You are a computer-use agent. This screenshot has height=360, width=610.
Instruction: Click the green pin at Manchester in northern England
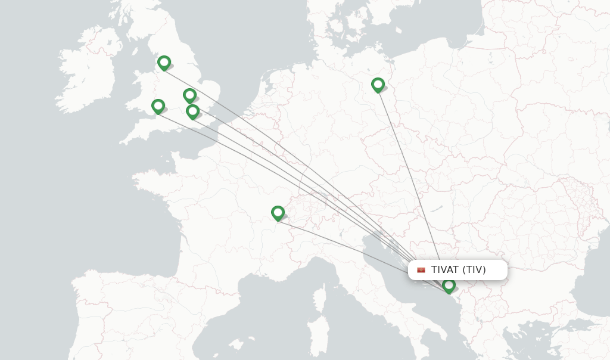point(164,62)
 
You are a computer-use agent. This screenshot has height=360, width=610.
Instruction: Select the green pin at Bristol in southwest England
point(158,105)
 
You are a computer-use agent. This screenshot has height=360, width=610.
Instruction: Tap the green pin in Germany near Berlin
point(378,84)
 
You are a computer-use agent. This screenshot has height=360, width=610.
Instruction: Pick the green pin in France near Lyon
point(278,212)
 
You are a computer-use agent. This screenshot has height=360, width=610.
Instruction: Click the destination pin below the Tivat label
point(449,285)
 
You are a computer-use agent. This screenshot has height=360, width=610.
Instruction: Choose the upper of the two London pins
point(189,95)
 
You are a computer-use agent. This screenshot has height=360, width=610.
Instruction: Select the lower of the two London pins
point(192,111)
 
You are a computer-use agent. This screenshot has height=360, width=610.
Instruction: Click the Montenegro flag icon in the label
point(421,270)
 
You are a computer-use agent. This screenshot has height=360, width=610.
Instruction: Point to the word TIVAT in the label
point(445,270)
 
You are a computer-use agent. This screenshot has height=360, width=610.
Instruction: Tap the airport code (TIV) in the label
point(474,270)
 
